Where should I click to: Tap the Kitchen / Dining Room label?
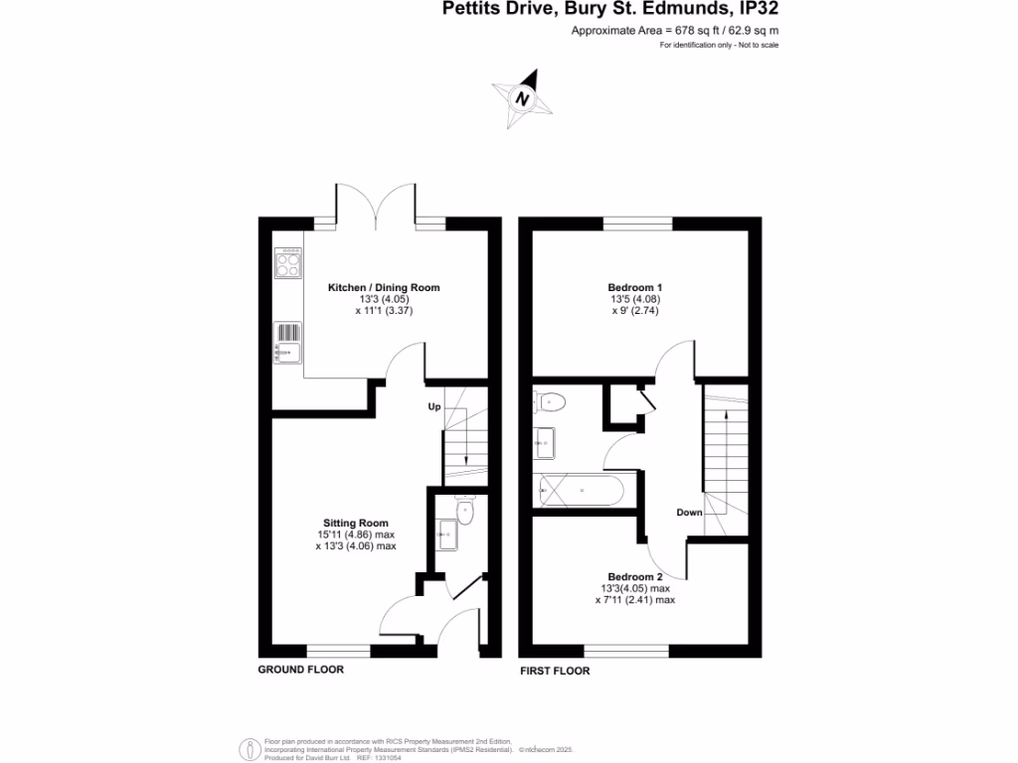point(384,287)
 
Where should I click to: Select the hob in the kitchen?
point(287,264)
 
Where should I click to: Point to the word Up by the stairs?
point(434,407)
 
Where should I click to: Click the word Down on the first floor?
point(689,513)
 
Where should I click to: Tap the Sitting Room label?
point(355,523)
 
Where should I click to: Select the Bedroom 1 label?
point(634,287)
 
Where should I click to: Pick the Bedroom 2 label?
point(634,576)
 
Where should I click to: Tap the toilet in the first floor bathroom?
point(550,402)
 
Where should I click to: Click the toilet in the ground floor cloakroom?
point(463,510)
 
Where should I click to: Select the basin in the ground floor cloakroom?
point(445,534)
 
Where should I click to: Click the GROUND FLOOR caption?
point(300,670)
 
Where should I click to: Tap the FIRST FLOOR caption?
point(555,671)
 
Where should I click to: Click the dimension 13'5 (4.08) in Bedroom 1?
point(634,299)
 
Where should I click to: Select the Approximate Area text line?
point(674,31)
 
